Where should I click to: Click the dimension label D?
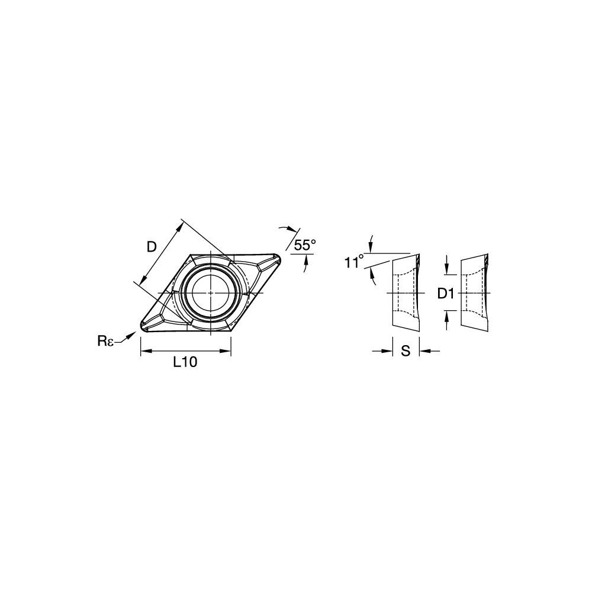tap(152, 247)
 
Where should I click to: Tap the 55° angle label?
tap(305, 246)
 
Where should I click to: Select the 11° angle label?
tap(354, 262)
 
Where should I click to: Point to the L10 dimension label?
tap(185, 362)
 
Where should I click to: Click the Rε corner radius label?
tap(105, 341)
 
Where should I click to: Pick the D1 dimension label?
tap(446, 294)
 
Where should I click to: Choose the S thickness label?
tap(406, 351)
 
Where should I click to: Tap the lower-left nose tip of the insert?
tap(143, 328)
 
